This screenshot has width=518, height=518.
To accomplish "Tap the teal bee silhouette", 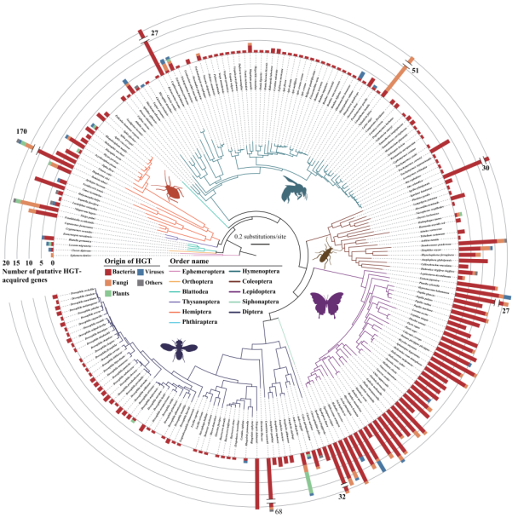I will pyautogui.click(x=295, y=192).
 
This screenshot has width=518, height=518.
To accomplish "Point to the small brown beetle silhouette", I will pyautogui.click(x=325, y=252).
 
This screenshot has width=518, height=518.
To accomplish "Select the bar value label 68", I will pyautogui.click(x=279, y=511).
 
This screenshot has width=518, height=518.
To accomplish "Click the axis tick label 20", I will pyautogui.click(x=6, y=262).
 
